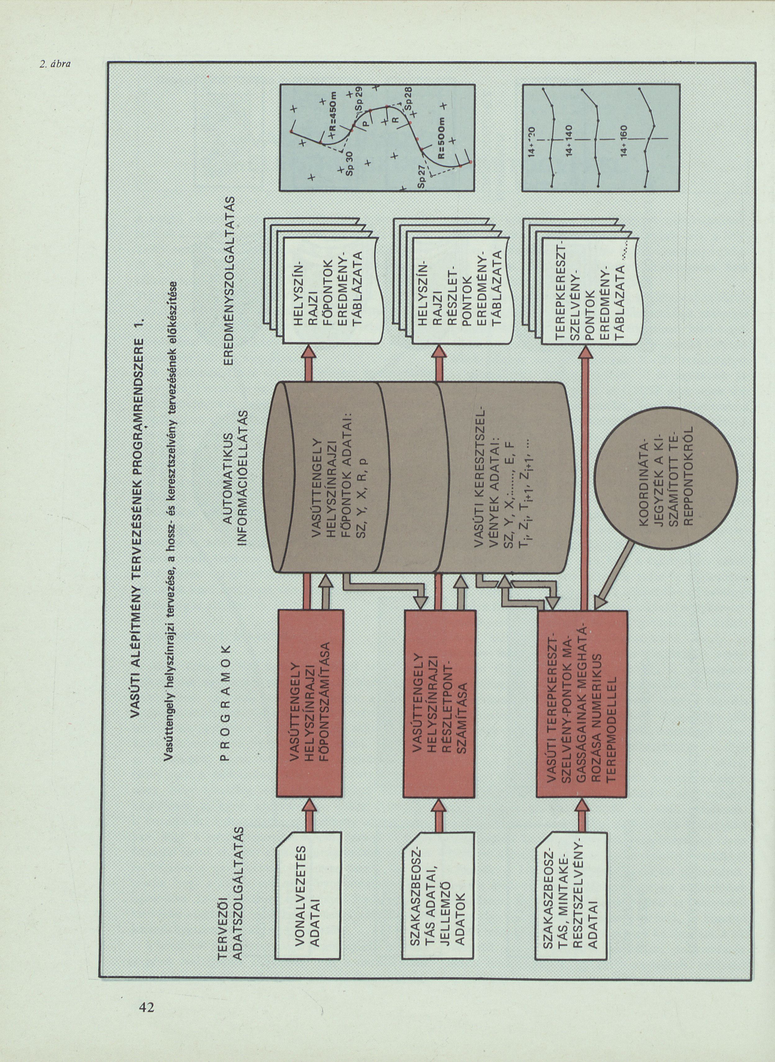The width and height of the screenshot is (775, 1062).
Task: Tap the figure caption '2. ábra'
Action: (55, 64)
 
